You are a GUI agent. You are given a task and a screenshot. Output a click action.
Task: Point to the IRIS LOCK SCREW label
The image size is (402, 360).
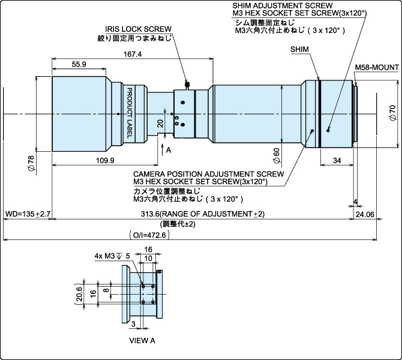139,29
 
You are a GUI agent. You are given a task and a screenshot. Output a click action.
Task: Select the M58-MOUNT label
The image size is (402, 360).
376,67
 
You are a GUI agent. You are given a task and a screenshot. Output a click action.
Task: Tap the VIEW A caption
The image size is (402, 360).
142,340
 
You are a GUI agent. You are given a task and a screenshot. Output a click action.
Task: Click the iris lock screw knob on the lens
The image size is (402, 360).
188,85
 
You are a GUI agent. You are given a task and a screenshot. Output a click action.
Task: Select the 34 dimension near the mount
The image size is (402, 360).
337,160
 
